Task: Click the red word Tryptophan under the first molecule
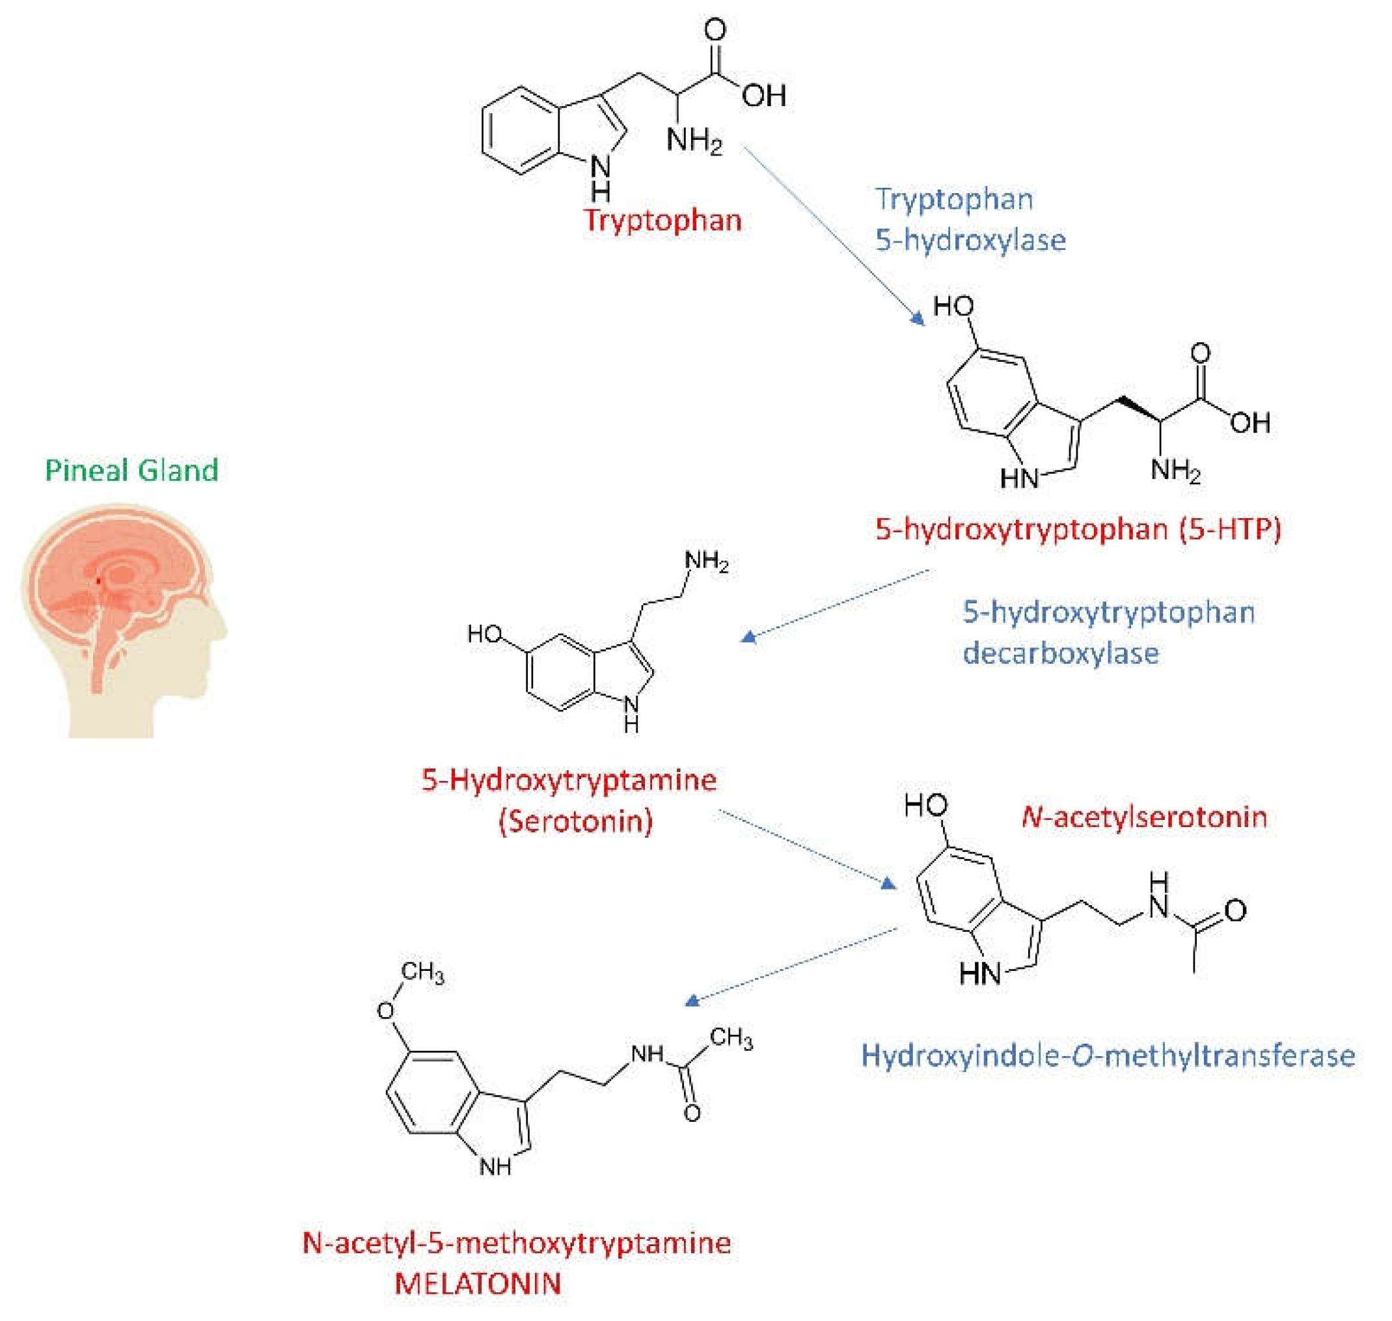tap(662, 221)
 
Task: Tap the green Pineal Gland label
tap(131, 470)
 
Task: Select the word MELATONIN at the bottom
tap(478, 1283)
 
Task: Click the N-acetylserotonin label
tap(1143, 817)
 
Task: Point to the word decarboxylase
tap(1060, 653)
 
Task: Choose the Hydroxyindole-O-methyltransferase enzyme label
tap(1108, 1055)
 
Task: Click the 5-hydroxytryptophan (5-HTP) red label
tap(1078, 529)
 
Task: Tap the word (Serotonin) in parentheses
tap(576, 822)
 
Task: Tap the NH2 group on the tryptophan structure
tap(694, 139)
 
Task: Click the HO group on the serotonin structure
tap(484, 634)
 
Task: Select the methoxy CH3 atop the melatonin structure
tap(422, 972)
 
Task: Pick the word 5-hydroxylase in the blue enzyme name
tap(970, 241)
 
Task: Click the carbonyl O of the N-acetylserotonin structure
tap(1235, 910)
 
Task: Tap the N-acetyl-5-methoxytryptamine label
tap(516, 1242)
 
